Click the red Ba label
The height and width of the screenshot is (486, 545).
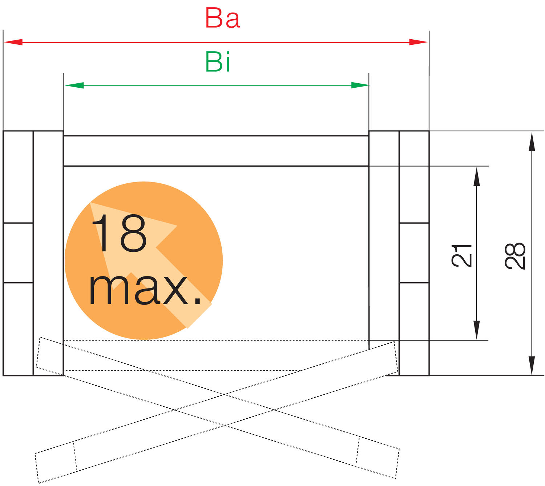(222, 18)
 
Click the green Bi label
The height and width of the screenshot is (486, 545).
(218, 62)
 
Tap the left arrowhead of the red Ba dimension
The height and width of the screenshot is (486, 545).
(13, 42)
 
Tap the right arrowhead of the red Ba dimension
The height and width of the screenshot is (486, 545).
(419, 42)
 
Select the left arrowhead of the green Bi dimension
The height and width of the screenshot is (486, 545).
(74, 85)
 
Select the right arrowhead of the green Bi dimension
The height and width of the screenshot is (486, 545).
(360, 85)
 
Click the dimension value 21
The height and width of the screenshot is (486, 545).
(461, 256)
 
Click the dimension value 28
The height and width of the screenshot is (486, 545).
(515, 256)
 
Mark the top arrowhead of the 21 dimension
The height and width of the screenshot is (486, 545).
(477, 176)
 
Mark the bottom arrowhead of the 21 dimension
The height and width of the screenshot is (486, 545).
(477, 330)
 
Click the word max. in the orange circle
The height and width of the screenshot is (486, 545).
(145, 290)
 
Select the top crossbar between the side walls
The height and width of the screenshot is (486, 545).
(216, 151)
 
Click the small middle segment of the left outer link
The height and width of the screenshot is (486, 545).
(18, 253)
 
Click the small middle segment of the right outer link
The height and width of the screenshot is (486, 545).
(414, 253)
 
